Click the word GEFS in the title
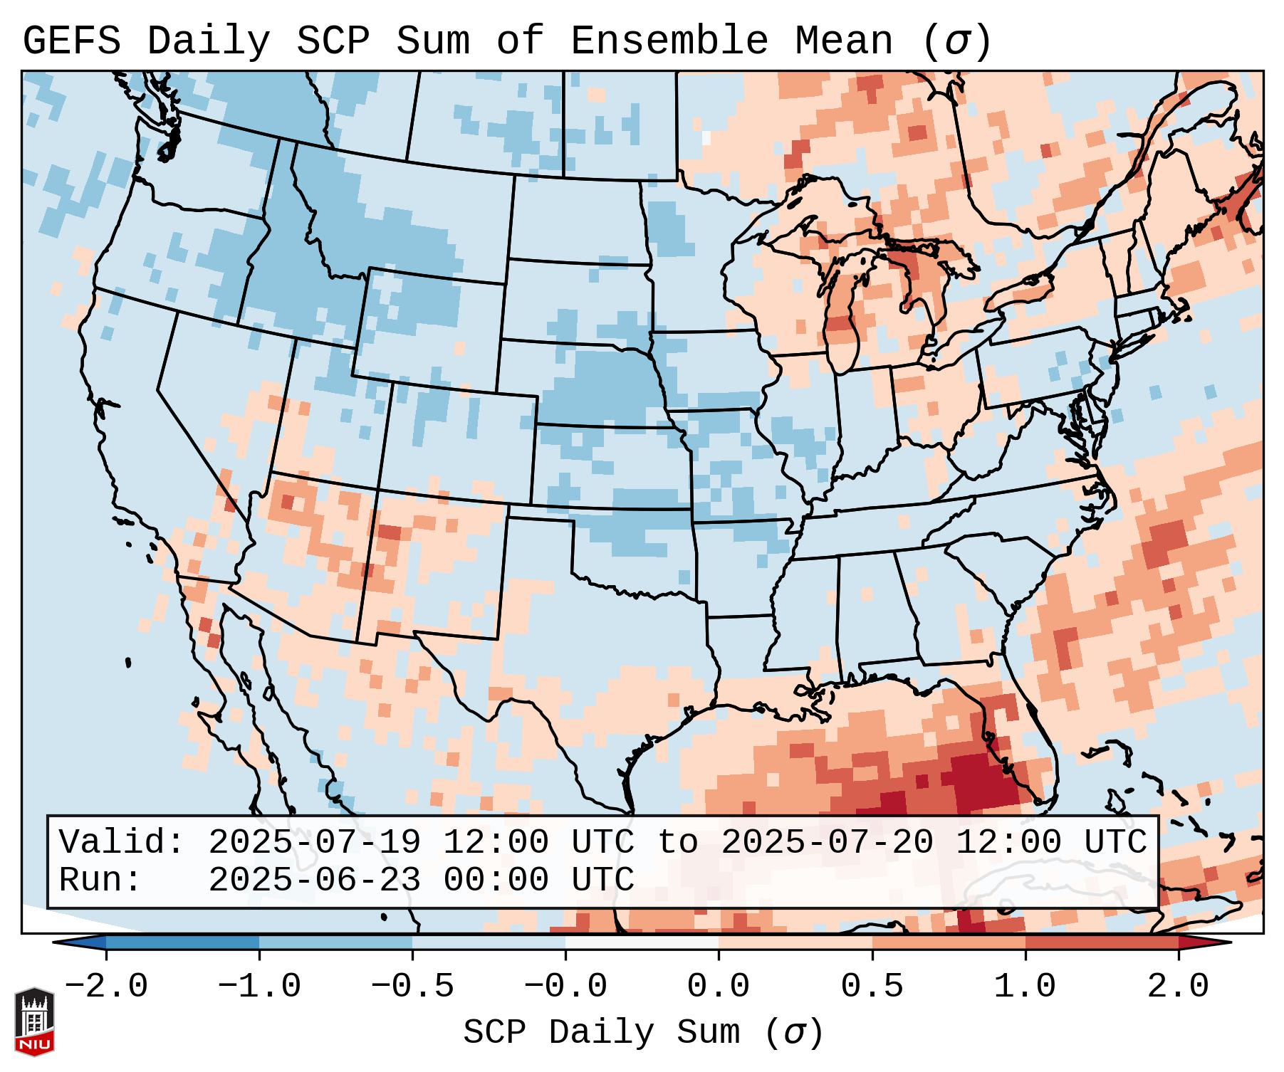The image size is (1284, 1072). click(71, 41)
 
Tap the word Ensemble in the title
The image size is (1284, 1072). click(669, 41)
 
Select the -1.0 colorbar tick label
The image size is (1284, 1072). click(259, 986)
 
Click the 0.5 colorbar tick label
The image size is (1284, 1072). click(872, 986)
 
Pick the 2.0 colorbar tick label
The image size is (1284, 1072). click(1178, 986)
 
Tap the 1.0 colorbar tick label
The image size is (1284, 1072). click(1025, 986)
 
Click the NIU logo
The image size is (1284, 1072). click(34, 1021)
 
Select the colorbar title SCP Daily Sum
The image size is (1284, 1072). click(602, 1032)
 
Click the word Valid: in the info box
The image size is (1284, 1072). click(122, 843)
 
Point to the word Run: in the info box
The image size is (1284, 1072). click(100, 880)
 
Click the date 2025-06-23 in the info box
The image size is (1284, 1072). click(314, 880)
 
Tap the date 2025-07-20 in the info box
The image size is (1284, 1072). click(827, 843)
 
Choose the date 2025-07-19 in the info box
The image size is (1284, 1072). click(314, 843)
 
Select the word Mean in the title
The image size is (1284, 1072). click(843, 41)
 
